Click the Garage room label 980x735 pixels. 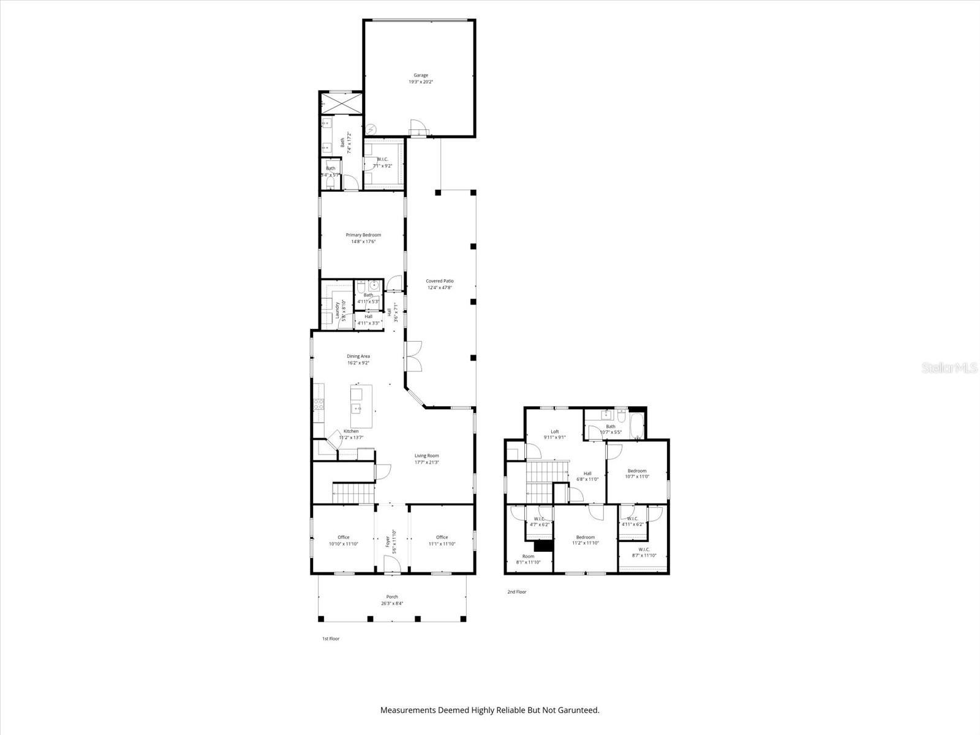[420, 75]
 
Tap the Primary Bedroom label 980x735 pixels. [363, 235]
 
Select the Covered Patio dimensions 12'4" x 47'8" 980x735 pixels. [440, 287]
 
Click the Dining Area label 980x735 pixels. [358, 356]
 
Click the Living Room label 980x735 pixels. [426, 456]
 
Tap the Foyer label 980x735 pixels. [387, 539]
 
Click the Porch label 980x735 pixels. [392, 597]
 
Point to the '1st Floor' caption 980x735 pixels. [331, 639]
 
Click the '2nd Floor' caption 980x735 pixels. [516, 592]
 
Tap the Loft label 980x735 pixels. [554, 432]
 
